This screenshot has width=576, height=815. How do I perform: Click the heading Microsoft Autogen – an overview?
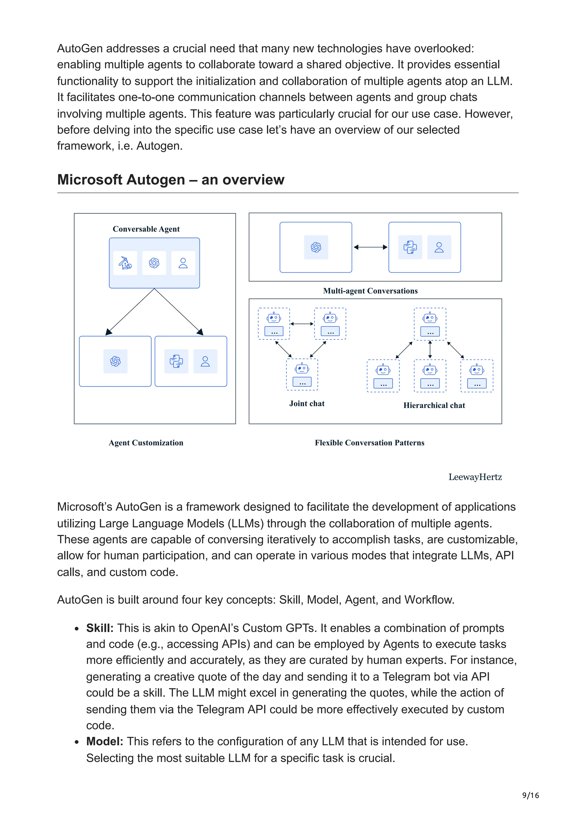click(171, 180)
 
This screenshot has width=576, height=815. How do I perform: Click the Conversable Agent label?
click(146, 229)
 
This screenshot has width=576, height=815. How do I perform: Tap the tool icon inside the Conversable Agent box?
click(125, 263)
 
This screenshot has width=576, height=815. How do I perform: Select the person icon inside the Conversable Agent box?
click(183, 263)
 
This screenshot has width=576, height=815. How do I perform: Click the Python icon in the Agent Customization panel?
click(176, 361)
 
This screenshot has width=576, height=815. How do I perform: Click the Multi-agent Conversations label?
click(370, 291)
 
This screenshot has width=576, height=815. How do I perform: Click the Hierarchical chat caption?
click(434, 405)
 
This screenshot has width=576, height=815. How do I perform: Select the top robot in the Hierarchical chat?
click(430, 324)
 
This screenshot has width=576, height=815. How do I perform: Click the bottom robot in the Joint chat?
click(302, 375)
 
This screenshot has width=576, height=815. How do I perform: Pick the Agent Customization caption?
click(146, 443)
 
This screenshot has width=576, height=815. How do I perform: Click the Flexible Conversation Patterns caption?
click(370, 443)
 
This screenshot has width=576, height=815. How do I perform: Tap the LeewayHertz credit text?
click(475, 477)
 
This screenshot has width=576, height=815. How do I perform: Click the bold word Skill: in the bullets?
click(100, 628)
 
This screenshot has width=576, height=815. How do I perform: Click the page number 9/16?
click(530, 795)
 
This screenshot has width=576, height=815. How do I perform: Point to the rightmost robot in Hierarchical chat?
click(477, 375)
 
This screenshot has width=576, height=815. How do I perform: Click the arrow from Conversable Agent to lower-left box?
click(130, 312)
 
